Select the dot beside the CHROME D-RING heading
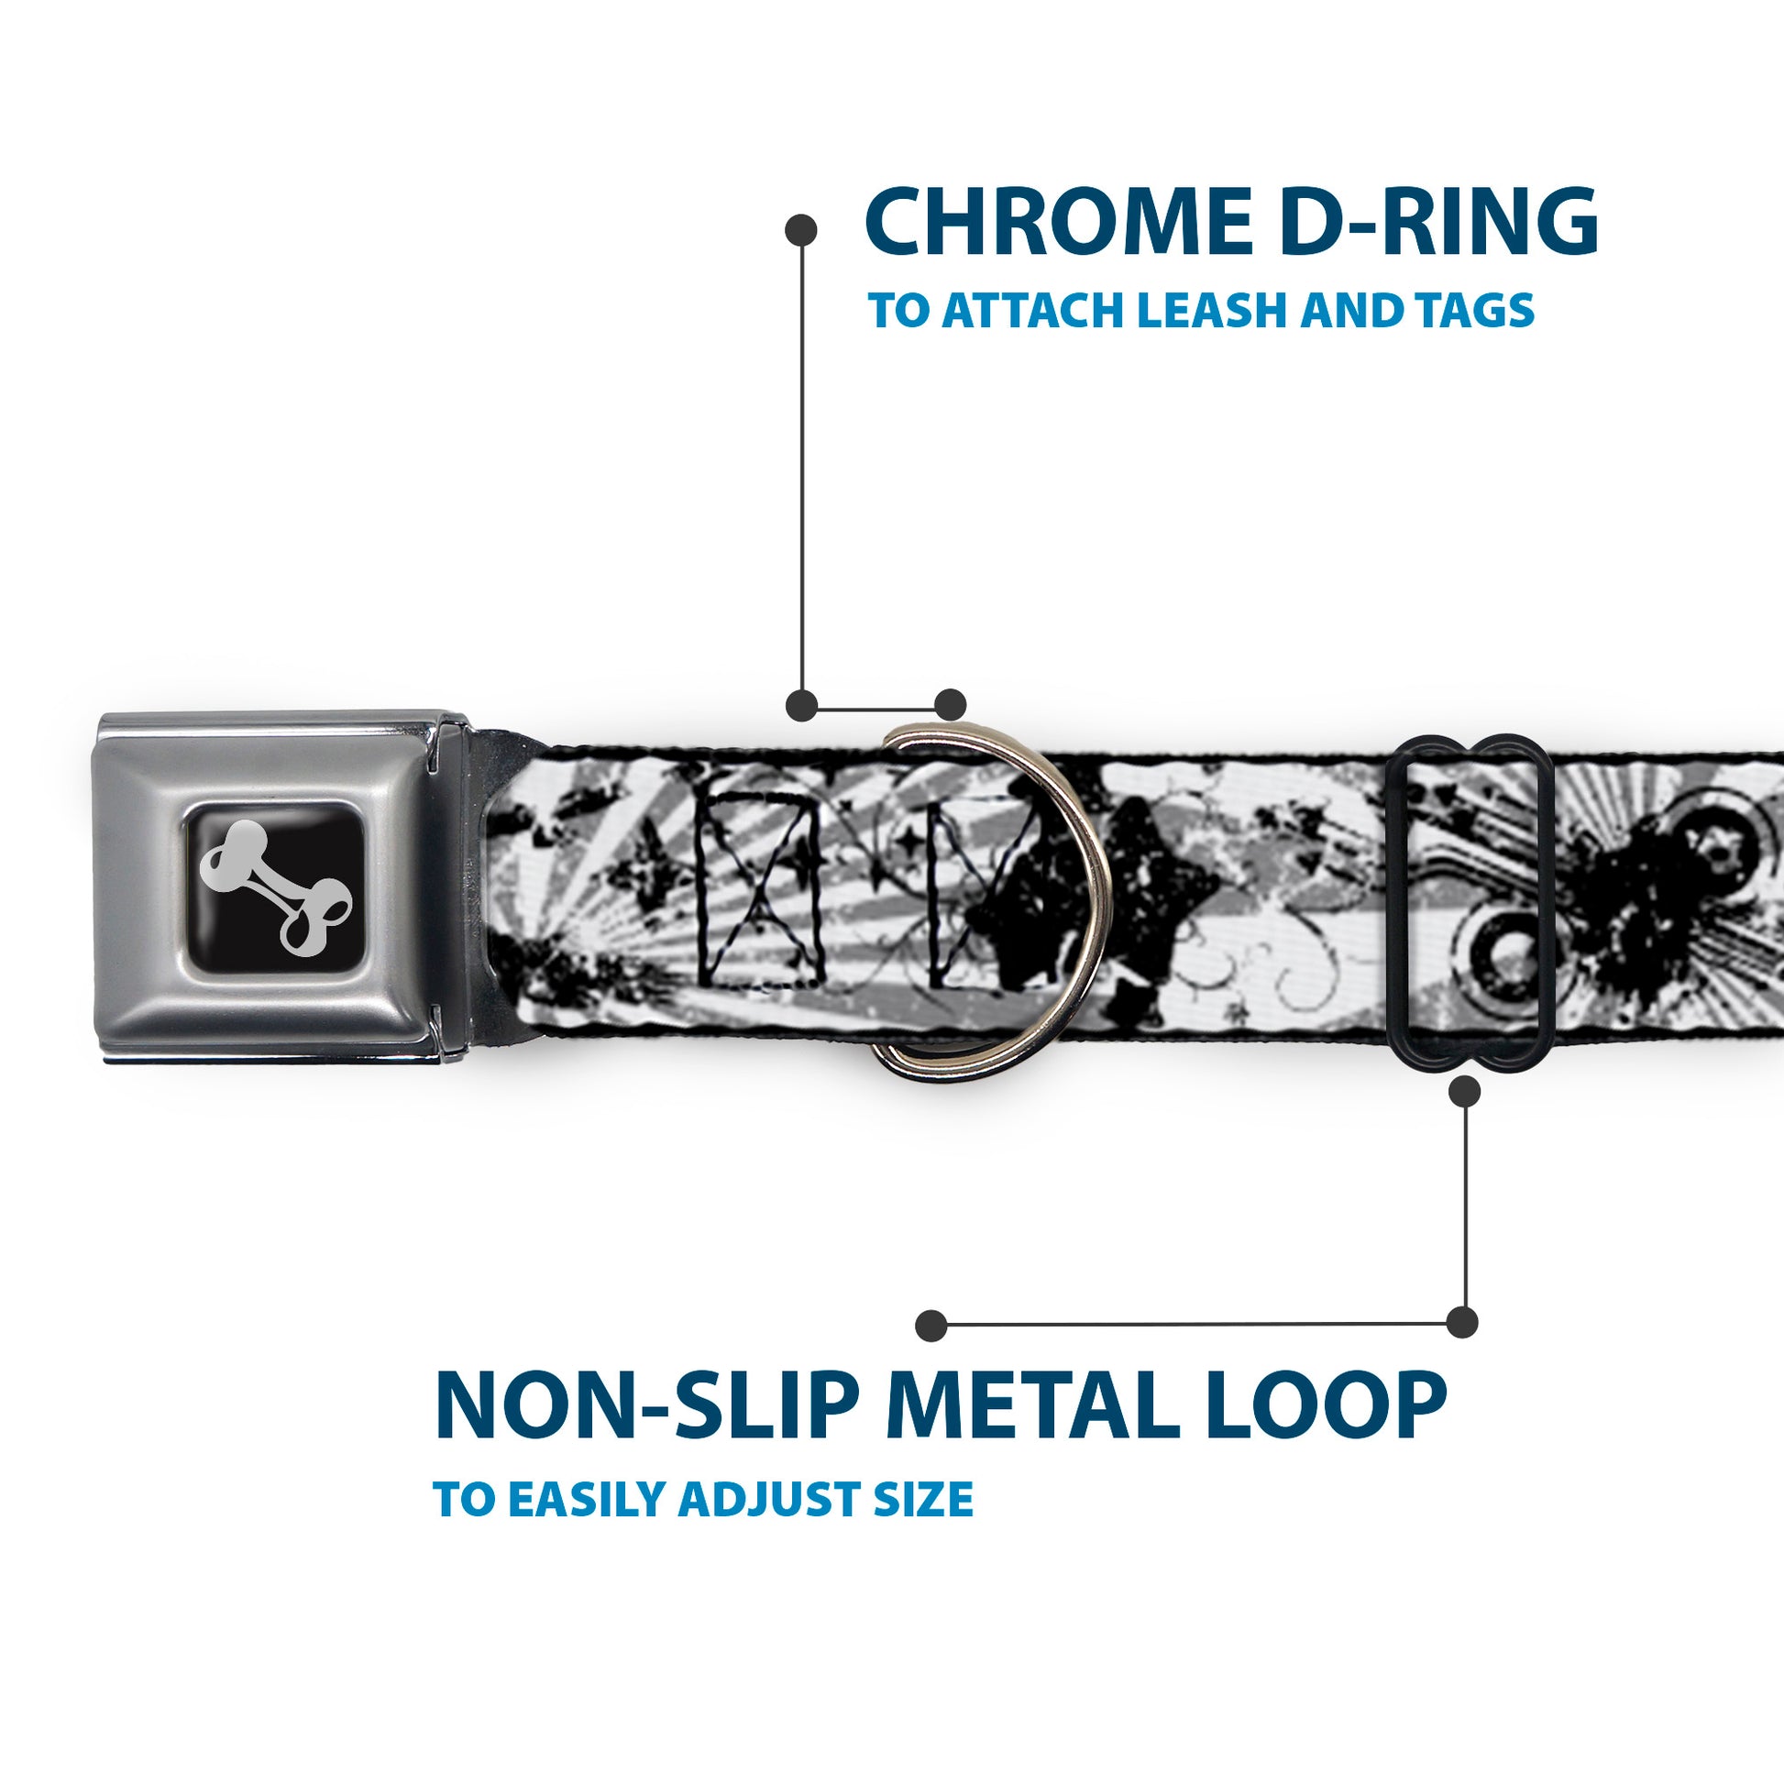(x=800, y=231)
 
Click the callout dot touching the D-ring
(x=950, y=705)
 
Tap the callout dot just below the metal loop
(x=1464, y=1093)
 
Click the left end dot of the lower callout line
(x=931, y=1326)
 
